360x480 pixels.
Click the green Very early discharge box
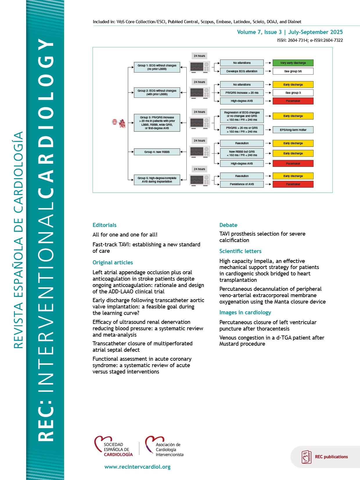point(293,63)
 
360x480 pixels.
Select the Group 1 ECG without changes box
point(157,67)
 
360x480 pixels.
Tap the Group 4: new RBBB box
point(157,152)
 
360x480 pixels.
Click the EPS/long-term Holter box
point(293,130)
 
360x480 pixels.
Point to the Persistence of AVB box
point(242,184)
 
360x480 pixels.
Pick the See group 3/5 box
point(293,71)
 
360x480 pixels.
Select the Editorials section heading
point(105,225)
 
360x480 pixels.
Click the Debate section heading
point(228,225)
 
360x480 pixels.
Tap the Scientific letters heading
point(240,251)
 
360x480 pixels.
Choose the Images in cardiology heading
point(245,312)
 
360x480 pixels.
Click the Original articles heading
point(113,262)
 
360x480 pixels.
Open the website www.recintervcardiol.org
point(137,467)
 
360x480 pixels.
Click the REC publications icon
point(306,457)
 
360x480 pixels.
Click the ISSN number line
point(310,40)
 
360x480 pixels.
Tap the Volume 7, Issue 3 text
point(259,32)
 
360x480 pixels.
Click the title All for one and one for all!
point(125,234)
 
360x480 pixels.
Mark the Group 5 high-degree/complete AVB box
point(157,180)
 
